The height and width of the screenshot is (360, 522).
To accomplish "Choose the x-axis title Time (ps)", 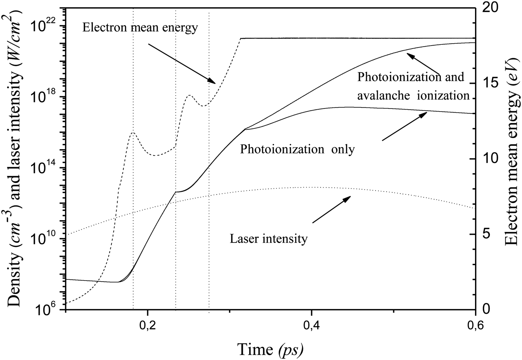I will coord(270,350).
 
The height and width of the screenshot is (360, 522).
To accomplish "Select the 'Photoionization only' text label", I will coord(297,149).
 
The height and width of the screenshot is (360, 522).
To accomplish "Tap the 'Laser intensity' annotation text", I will coord(268,238).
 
